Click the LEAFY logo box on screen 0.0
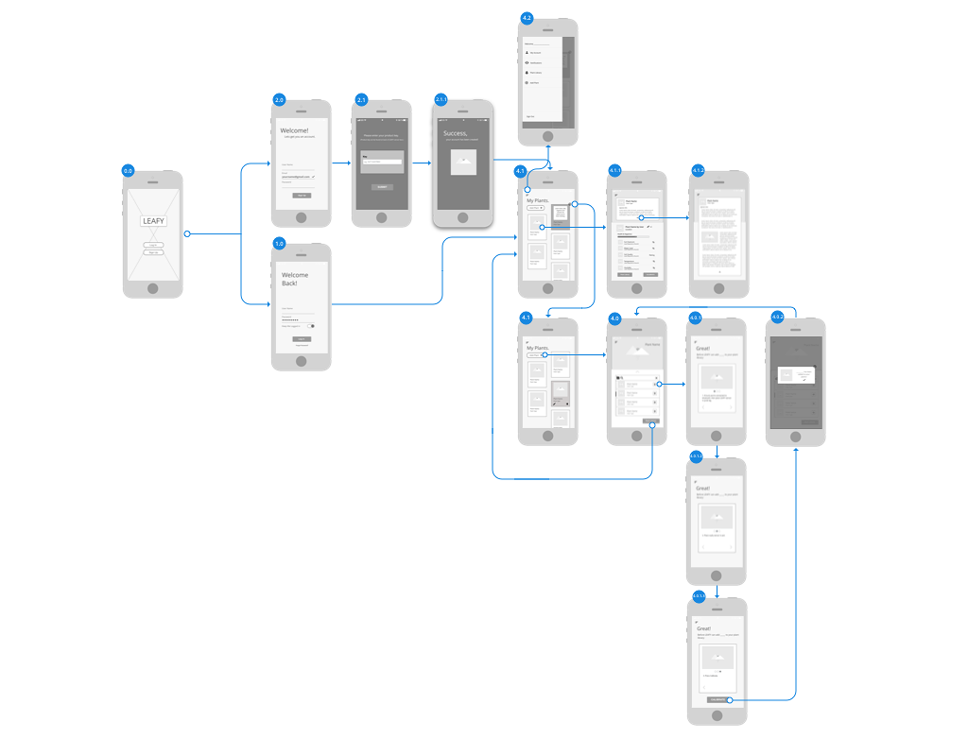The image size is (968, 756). pos(153,221)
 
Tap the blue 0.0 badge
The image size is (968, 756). pos(128,171)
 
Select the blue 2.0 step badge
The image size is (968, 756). pos(279,100)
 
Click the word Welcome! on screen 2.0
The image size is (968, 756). pos(294,130)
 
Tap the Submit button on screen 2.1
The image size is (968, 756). pos(381,187)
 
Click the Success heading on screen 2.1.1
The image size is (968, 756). pos(456,133)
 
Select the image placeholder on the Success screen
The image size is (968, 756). pos(463,162)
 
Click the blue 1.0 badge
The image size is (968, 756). pos(279,244)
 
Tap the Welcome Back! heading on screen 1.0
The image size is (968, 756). pos(295,279)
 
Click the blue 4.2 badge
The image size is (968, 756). pos(527,18)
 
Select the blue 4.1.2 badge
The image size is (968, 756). pos(699,171)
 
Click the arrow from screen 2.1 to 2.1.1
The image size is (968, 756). pos(421,163)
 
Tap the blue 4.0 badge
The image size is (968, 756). pos(614,318)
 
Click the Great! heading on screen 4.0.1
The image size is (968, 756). pos(702,349)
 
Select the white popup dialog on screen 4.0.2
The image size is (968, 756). pos(795,376)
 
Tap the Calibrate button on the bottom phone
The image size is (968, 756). pos(717,699)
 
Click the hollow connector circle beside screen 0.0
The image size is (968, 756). pos(187,233)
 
